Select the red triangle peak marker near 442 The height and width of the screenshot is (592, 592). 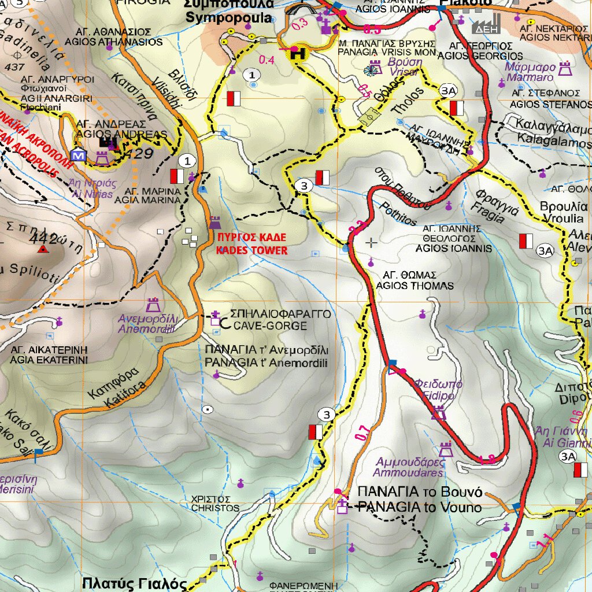43,249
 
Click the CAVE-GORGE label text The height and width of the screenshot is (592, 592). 270,326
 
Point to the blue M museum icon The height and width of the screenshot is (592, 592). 77,156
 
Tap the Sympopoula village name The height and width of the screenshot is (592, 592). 228,18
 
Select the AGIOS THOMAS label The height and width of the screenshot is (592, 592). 406,286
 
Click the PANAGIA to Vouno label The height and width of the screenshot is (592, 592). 419,508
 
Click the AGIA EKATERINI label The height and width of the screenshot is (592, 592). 49,360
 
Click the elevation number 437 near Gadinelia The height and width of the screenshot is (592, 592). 14,67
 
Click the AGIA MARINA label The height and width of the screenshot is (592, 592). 148,201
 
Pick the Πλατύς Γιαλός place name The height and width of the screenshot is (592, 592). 135,583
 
